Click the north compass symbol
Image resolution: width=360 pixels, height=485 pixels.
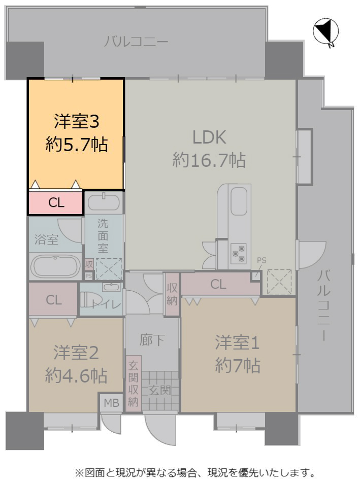pyautogui.click(x=326, y=32)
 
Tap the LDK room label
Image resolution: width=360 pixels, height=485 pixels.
pyautogui.click(x=209, y=137)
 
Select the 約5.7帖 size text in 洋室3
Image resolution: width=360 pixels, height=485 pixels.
pyautogui.click(x=77, y=145)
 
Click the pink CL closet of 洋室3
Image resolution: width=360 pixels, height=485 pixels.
pyautogui.click(x=56, y=202)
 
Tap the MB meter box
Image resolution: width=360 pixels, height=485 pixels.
pyautogui.click(x=111, y=402)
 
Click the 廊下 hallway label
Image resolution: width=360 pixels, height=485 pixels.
pyautogui.click(x=152, y=340)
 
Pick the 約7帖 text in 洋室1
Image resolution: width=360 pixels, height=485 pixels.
pyautogui.click(x=238, y=366)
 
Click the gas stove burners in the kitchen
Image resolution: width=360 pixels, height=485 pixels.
pyautogui.click(x=238, y=254)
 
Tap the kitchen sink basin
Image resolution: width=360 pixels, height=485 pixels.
pyautogui.click(x=239, y=201)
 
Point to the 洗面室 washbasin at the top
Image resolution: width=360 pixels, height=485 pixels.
pyautogui.click(x=104, y=203)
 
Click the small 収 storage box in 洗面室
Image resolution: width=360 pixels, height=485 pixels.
pyautogui.click(x=89, y=265)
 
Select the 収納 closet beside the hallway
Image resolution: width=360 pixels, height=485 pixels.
pyautogui.click(x=172, y=294)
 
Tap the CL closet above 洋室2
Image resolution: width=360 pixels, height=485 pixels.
pyautogui.click(x=53, y=300)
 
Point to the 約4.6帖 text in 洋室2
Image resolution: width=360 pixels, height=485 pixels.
pyautogui.click(x=76, y=376)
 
